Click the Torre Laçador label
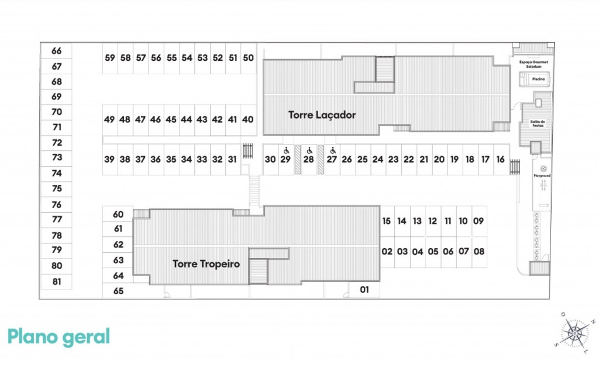coord(322,115)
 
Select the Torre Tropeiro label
coord(206,264)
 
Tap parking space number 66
coord(57,51)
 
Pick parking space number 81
coord(57,281)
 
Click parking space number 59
coord(110,58)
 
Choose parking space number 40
coord(248,119)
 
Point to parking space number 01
coord(364,289)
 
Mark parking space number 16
coord(500,159)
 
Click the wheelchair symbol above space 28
coord(309,150)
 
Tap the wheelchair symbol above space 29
coord(286,150)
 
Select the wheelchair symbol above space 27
coord(332,150)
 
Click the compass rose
coord(575,333)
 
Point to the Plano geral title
coord(58,337)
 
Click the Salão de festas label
coord(538,123)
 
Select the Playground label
coord(542,175)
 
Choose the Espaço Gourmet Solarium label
coord(533,64)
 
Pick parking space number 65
coord(118,291)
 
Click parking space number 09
coord(478,221)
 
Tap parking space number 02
coord(387,252)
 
